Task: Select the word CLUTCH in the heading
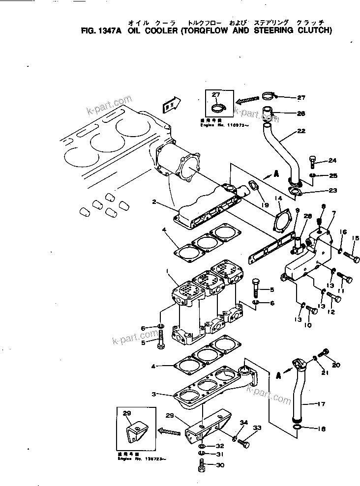(x=314, y=30)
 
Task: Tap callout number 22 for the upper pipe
(x=301, y=131)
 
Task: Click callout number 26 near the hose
(x=301, y=114)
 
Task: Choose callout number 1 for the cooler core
(x=168, y=271)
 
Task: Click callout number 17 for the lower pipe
(x=321, y=405)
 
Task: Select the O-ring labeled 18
(x=298, y=428)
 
